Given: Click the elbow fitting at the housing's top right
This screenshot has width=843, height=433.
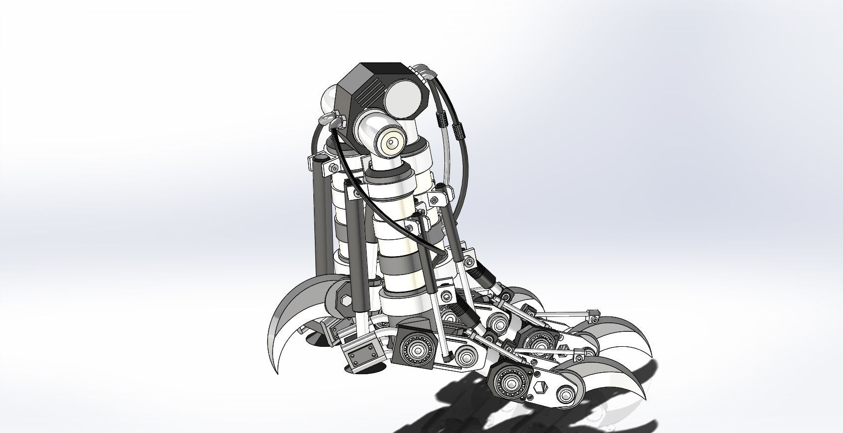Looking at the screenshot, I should tap(426, 74).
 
